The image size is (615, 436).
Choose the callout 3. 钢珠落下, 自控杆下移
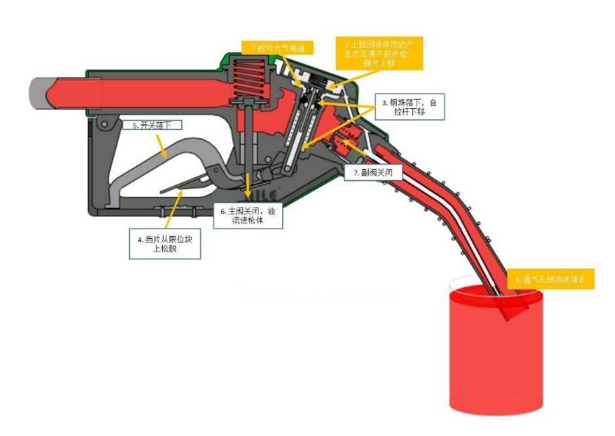[412, 107]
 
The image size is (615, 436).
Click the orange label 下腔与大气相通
[272, 48]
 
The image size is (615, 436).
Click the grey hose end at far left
[39, 90]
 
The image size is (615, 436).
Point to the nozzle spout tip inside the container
[511, 308]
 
